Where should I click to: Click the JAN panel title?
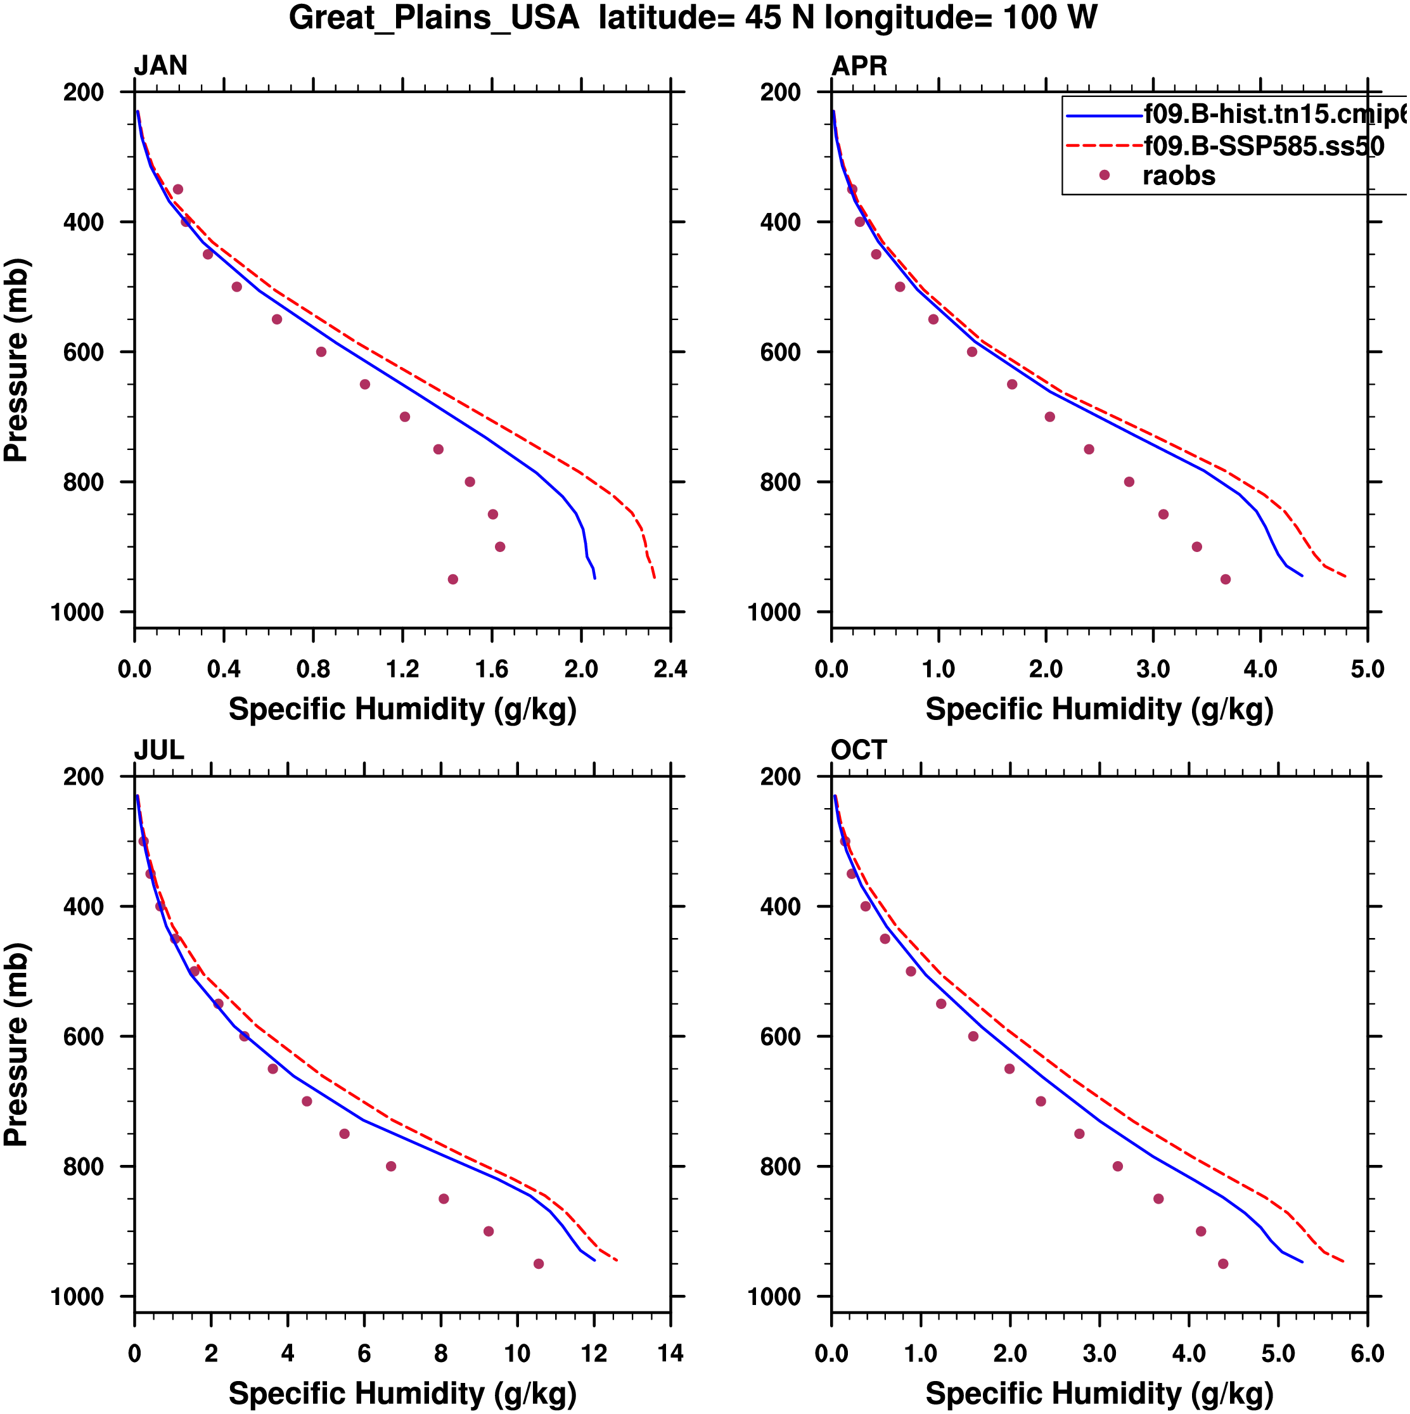[160, 66]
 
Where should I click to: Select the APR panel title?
[859, 66]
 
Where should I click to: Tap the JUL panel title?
[159, 750]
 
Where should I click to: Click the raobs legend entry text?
[1179, 176]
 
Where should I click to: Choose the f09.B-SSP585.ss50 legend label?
[1264, 146]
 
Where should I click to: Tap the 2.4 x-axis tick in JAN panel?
[670, 669]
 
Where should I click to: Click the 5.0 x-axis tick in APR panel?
[1367, 669]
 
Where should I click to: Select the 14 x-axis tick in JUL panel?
[670, 1353]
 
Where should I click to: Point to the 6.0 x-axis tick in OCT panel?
[1367, 1353]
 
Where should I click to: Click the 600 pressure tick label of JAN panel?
[84, 352]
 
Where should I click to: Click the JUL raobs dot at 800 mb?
[391, 1167]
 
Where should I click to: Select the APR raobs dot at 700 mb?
[1050, 417]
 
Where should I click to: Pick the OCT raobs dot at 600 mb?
[973, 1036]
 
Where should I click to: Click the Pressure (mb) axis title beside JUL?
[16, 1044]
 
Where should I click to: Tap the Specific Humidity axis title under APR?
[1099, 709]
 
